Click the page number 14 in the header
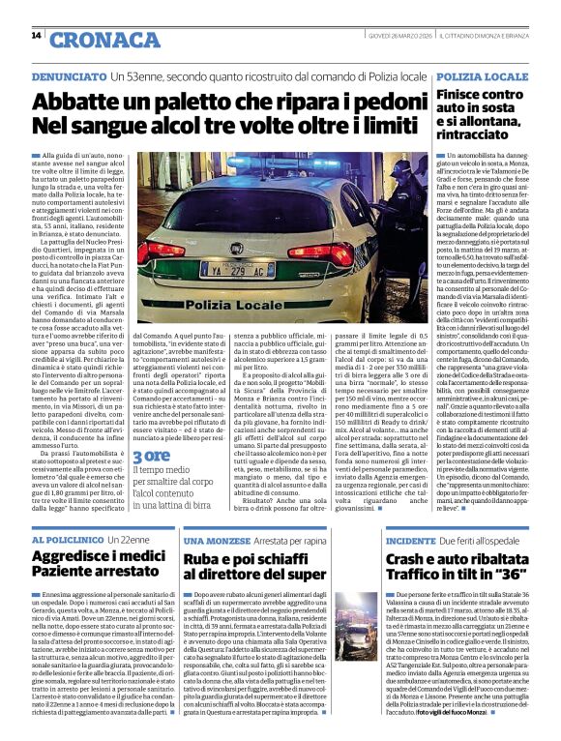point(36,36)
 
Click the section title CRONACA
point(105,40)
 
